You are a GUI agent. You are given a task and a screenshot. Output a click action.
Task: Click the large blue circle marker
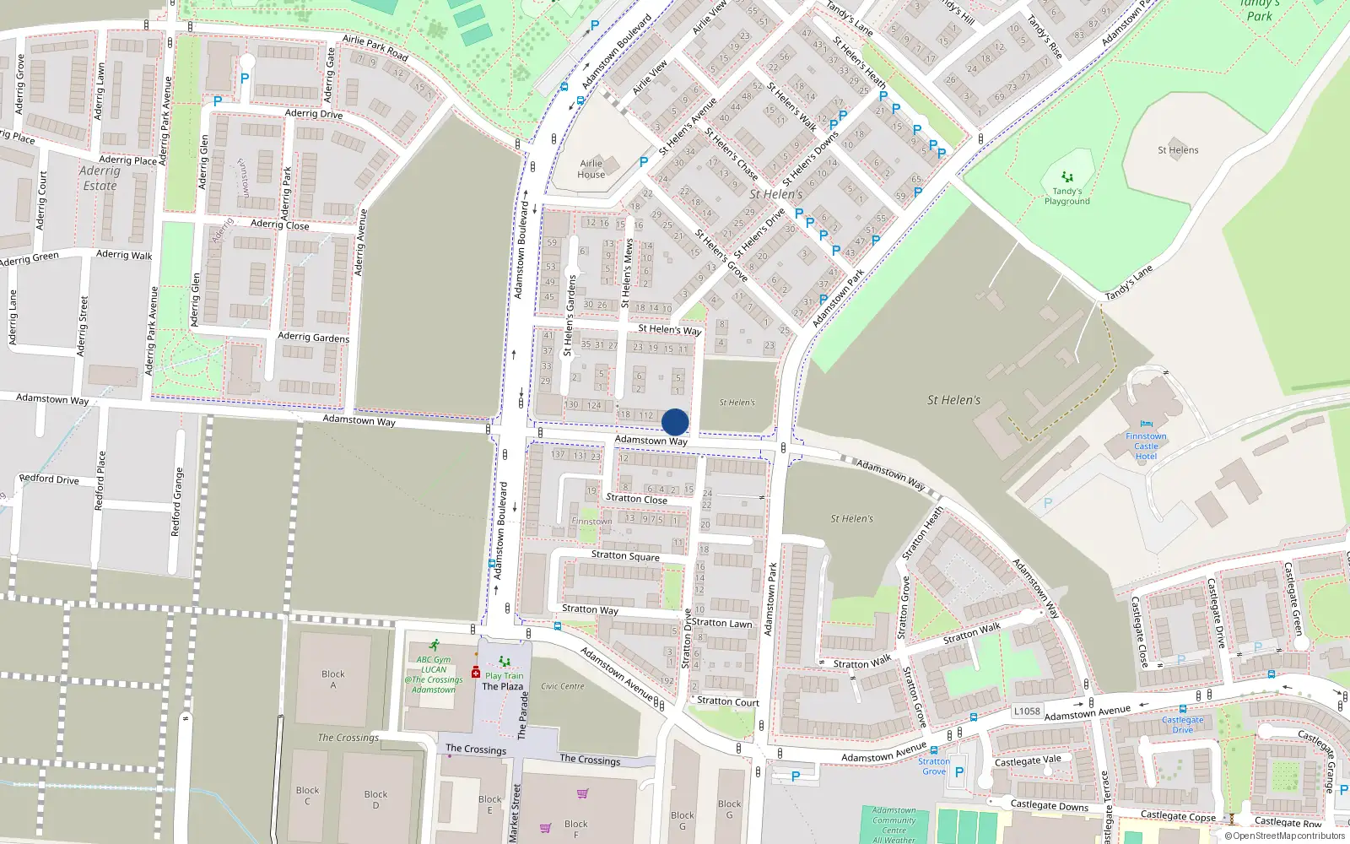tap(675, 422)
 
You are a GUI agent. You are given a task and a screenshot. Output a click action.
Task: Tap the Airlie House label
tap(591, 169)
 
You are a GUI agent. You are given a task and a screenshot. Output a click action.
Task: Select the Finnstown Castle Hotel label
tap(1146, 446)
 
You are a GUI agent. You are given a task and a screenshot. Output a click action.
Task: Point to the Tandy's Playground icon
tap(1067, 177)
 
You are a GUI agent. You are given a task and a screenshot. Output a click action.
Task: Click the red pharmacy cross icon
tap(476, 673)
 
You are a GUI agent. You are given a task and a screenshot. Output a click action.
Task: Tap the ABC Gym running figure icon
tap(434, 646)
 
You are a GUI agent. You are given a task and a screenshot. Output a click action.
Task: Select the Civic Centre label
tap(563, 686)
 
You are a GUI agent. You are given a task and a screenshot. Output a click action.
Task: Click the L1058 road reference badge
tap(1027, 711)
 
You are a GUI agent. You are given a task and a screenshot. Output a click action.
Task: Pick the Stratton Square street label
tap(625, 555)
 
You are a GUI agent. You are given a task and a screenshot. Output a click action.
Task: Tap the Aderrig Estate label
tap(100, 178)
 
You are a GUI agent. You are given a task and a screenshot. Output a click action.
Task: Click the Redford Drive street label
tap(49, 479)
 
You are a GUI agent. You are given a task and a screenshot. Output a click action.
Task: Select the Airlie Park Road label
tap(375, 48)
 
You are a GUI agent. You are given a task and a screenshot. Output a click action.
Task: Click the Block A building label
tap(333, 679)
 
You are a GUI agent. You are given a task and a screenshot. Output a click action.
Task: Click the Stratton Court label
tap(727, 701)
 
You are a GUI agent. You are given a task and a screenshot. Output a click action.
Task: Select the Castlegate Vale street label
tap(1028, 761)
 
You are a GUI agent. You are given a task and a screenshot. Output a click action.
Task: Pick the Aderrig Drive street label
tap(314, 114)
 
